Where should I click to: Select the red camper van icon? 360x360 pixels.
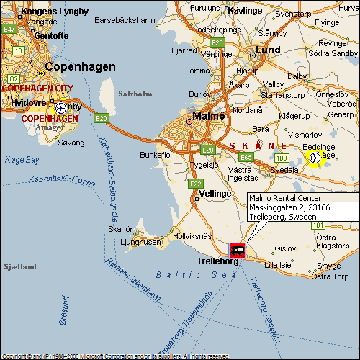[x=236, y=251]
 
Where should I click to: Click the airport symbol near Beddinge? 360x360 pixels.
[x=314, y=156]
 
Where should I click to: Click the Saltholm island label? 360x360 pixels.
[x=132, y=94]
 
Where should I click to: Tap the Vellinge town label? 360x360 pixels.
[x=215, y=194]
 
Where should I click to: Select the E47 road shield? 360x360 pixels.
[x=9, y=29]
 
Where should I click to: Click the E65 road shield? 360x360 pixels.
[x=247, y=156]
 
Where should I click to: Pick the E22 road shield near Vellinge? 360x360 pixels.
[x=196, y=184]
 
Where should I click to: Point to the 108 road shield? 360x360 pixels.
[x=282, y=158]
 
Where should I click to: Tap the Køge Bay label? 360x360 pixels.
[x=22, y=160]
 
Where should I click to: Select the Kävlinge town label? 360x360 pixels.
[x=245, y=11]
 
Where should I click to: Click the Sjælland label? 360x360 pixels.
[x=19, y=266]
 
